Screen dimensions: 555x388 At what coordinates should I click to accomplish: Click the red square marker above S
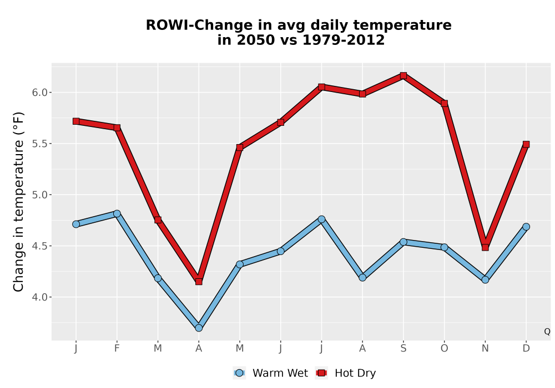tap(403, 75)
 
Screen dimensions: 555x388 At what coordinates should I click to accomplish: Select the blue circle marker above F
tap(117, 213)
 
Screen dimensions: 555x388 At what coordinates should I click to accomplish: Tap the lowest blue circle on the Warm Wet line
tap(199, 328)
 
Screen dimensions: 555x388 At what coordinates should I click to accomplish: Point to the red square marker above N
tap(485, 247)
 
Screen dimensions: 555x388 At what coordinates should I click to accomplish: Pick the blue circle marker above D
tap(526, 227)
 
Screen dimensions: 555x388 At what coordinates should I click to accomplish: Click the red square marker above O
tap(444, 103)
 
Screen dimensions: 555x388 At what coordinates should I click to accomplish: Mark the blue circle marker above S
tap(403, 242)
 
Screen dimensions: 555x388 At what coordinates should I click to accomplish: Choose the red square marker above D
tap(526, 144)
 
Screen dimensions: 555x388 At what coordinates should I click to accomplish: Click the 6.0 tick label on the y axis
tap(39, 93)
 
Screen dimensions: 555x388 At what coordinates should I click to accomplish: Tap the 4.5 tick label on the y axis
tap(39, 246)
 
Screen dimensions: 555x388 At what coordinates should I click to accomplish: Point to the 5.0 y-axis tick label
tap(39, 195)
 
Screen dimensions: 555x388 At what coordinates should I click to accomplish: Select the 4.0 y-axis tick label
tap(39, 297)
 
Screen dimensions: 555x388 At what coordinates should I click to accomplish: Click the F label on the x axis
tap(117, 349)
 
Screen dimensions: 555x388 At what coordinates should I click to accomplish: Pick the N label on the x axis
tap(485, 349)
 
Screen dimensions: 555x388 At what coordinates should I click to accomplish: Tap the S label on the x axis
tap(403, 349)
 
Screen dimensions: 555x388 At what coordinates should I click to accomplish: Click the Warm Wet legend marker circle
tap(240, 373)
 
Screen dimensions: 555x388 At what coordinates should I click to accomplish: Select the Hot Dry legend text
tap(355, 373)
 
